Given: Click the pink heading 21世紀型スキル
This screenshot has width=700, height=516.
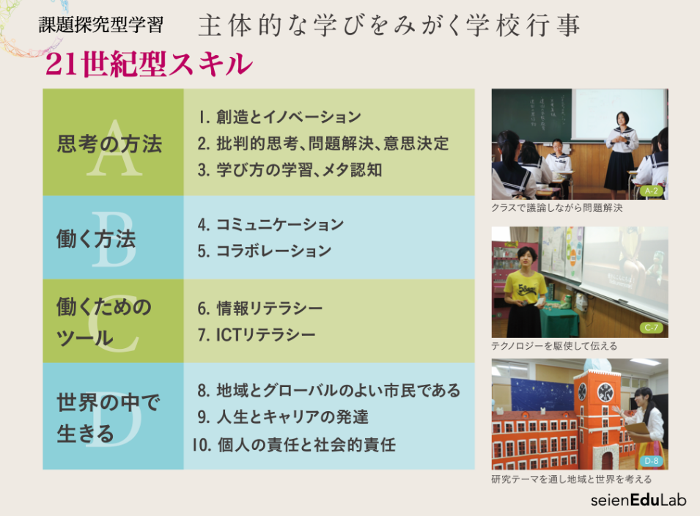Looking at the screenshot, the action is point(149,64).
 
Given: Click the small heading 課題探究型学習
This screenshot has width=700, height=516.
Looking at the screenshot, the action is point(101,24).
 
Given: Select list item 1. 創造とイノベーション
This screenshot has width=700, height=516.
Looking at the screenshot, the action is point(279,117).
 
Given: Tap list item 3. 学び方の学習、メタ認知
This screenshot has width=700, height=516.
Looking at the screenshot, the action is point(290,170).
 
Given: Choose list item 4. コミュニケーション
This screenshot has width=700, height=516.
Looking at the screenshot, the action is point(270,224).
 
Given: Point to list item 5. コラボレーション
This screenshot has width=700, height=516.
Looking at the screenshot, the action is point(265,251).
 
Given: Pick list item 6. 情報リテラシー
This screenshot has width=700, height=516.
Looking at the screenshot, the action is point(259,309).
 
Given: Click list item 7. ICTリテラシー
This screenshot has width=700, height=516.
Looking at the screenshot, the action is point(257,335).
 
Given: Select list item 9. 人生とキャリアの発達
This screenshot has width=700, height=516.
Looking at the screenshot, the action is point(283,417).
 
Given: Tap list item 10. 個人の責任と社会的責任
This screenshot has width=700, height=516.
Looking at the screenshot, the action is point(294,445).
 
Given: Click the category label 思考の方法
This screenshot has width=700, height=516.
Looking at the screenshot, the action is point(109,144).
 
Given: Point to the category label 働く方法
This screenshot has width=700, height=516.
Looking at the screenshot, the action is point(96,239).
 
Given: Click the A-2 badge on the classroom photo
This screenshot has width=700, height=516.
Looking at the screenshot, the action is point(652,191).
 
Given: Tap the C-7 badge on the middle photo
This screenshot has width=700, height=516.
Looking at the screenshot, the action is point(652,328).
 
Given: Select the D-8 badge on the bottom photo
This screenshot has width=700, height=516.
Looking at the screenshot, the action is point(652,460).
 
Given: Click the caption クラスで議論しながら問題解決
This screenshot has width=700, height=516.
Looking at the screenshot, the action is point(556,207).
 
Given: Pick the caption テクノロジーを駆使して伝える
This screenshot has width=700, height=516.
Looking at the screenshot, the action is point(554,346).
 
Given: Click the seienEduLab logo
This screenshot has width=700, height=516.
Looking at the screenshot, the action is point(638,500).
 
